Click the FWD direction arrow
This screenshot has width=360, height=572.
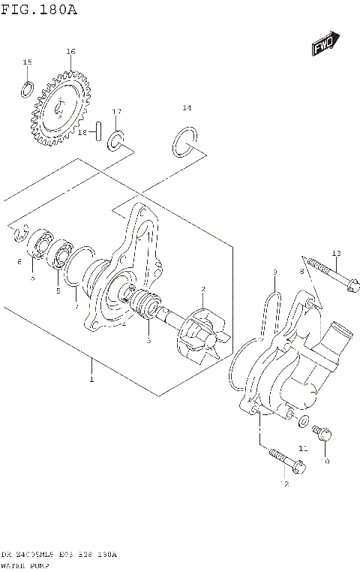(x=325, y=44)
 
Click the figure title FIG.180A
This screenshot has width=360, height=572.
(x=39, y=10)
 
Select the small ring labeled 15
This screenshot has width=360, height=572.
(x=27, y=89)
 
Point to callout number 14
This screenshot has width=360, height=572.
(x=187, y=108)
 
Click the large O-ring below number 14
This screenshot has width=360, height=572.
(x=184, y=142)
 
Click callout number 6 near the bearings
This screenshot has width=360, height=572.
(x=19, y=262)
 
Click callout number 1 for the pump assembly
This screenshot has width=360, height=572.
(x=91, y=381)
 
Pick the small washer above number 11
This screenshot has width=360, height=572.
(x=303, y=421)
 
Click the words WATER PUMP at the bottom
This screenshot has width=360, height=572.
(x=25, y=564)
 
